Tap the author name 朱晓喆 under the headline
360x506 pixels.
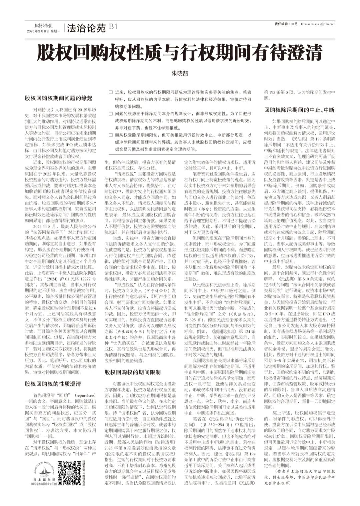click(x=180, y=73)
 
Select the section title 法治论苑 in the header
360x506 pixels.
click(x=86, y=28)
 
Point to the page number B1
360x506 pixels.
click(x=113, y=27)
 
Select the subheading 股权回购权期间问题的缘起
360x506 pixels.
click(x=59, y=98)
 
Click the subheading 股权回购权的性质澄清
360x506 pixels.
click(x=53, y=384)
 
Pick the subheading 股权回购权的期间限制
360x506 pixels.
click(x=132, y=372)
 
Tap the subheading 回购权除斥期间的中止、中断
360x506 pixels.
click(x=299, y=110)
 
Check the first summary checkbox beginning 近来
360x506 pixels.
click(x=111, y=92)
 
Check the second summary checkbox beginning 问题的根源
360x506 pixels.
click(x=111, y=114)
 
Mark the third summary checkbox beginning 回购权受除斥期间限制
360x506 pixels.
click(x=111, y=135)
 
